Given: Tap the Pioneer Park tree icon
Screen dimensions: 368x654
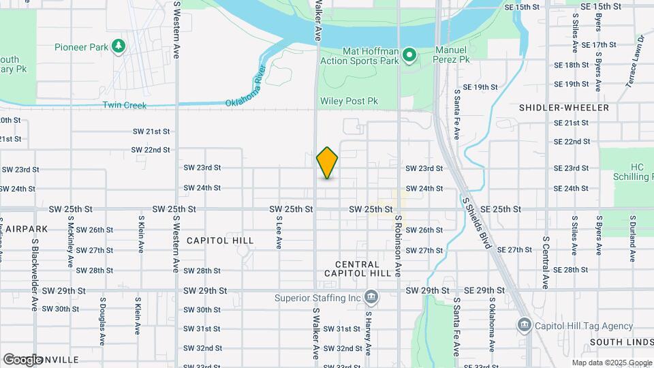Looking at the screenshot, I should (119, 46).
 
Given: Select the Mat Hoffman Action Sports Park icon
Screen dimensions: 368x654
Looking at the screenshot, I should (409, 55).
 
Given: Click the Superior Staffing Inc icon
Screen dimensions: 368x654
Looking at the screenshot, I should (371, 296).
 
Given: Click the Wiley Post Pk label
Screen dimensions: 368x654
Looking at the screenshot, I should (349, 102).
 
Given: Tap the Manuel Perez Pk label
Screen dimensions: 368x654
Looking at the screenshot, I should (451, 55).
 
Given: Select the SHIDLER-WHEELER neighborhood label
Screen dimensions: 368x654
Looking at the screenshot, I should (563, 108).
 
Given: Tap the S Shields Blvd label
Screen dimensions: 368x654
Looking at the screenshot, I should (477, 222).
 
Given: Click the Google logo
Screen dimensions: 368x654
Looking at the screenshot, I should (22, 359).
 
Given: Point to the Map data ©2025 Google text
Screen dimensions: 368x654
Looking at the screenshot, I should (611, 363).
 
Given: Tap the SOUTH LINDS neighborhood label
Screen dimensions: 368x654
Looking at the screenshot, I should (621, 341).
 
